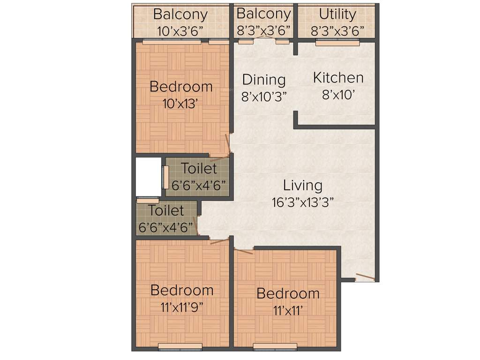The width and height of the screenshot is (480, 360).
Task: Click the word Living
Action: (303, 186)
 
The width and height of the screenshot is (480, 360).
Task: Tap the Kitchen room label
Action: (338, 77)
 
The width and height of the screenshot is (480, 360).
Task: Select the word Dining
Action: (263, 80)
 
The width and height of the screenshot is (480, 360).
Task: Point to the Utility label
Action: (337, 14)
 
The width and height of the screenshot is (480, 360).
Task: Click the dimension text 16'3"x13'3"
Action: (303, 202)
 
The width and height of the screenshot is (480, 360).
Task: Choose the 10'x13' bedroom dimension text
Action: (180, 104)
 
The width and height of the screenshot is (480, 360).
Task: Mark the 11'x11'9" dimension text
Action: (182, 307)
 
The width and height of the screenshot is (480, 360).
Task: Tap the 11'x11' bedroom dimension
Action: (288, 310)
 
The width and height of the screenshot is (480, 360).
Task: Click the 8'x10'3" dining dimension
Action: (264, 96)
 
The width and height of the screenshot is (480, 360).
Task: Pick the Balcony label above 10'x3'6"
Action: (180, 14)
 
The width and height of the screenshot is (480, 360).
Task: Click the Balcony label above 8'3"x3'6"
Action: (263, 14)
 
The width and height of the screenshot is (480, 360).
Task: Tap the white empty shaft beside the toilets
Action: (148, 177)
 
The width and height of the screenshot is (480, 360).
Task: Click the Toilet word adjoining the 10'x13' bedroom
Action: (199, 168)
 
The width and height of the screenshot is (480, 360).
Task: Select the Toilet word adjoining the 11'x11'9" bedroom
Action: (166, 210)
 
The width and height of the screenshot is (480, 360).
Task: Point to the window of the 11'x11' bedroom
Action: (275, 347)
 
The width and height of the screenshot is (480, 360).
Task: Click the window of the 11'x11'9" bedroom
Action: (180, 347)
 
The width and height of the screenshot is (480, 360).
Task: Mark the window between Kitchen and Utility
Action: (337, 43)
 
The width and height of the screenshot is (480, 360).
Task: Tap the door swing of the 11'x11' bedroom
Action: (243, 251)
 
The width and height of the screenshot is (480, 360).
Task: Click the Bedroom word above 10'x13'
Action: (180, 87)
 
